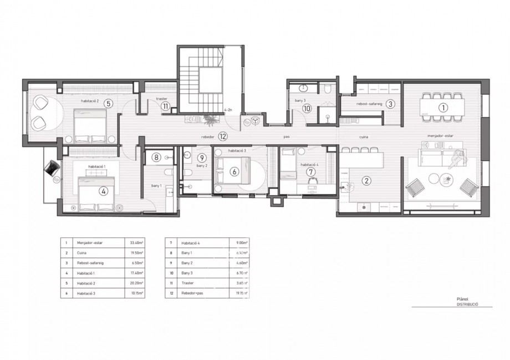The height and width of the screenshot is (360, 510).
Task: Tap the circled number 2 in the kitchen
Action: (x=366, y=180)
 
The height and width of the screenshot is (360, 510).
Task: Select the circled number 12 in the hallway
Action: (x=222, y=135)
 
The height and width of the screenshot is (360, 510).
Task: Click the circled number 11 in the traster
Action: (x=165, y=107)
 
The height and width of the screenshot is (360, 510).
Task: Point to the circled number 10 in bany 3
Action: (x=307, y=109)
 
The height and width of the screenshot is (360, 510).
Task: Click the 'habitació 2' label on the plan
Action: (x=89, y=102)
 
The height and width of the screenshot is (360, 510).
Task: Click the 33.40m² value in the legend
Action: (x=135, y=242)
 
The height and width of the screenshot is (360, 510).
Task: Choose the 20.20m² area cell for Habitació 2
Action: (x=135, y=282)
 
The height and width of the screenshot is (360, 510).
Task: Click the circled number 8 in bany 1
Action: (x=157, y=158)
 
